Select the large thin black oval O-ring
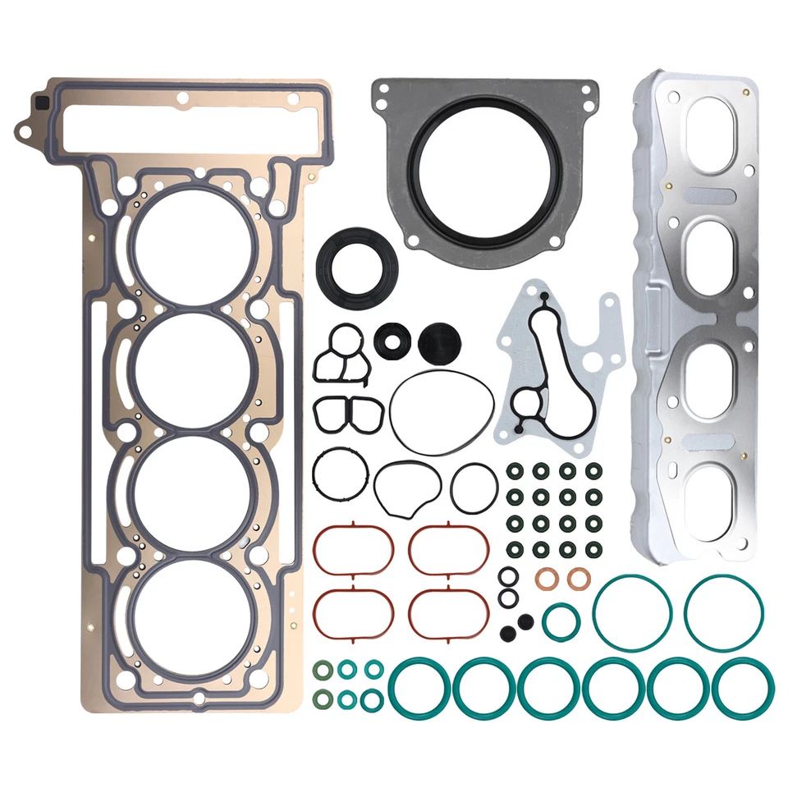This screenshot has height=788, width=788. (442, 410)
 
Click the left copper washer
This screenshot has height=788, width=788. (547, 580)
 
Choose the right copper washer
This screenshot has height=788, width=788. (579, 580)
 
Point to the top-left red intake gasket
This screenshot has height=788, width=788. (353, 549)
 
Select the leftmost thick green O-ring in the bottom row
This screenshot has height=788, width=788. (419, 686)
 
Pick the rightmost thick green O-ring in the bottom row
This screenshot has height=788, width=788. (743, 686)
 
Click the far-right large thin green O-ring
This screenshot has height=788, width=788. (724, 613)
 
